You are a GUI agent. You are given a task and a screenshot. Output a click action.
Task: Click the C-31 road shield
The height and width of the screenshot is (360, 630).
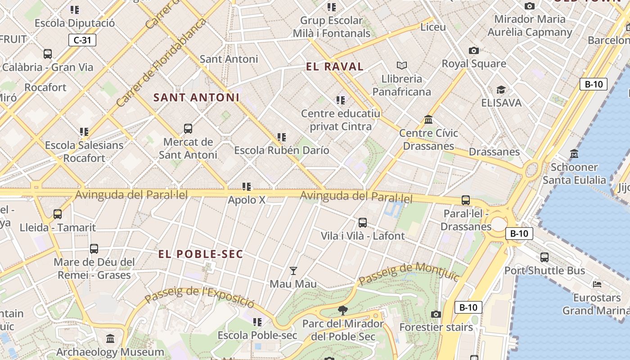tap(82, 40)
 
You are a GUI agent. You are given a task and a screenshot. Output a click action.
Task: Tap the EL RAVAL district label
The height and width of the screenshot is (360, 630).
tap(334, 67)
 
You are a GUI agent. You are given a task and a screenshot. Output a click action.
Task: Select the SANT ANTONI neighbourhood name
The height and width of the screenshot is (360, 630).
tap(197, 97)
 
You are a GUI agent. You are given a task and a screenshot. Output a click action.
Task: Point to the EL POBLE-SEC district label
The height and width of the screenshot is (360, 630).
tap(201, 254)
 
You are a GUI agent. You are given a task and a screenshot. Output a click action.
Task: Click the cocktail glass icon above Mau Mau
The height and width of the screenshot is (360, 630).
tap(293, 270)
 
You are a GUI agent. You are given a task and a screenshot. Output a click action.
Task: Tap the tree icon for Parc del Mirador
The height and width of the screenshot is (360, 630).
tap(342, 310)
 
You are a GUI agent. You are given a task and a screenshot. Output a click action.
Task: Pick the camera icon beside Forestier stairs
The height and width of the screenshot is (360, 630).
tap(436, 314)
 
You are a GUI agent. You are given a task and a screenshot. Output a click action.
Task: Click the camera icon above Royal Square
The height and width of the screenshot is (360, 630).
tap(473, 50)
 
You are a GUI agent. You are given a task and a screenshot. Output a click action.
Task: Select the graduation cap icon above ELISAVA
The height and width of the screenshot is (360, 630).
tap(501, 90)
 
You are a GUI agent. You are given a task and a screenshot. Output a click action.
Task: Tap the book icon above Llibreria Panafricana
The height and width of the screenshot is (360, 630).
tap(401, 66)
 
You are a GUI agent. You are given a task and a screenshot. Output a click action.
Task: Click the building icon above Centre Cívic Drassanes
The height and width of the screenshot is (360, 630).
tap(428, 120)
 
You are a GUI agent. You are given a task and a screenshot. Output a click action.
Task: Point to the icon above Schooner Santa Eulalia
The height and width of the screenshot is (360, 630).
tap(574, 154)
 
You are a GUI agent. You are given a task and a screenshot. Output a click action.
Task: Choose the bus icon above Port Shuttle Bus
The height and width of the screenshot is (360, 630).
tap(544, 257)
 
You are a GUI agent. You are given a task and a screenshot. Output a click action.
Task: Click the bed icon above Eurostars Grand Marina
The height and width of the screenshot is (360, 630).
tap(597, 284)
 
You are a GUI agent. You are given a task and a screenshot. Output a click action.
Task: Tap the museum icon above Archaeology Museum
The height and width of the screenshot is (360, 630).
tap(110, 338)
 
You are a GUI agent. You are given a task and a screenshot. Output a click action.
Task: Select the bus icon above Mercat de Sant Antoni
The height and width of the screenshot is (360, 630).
tap(188, 129)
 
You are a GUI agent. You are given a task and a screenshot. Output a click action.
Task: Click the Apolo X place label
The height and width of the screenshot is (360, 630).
tap(247, 200)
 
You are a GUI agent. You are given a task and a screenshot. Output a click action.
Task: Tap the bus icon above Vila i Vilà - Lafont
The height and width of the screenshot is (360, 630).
tap(363, 222)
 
